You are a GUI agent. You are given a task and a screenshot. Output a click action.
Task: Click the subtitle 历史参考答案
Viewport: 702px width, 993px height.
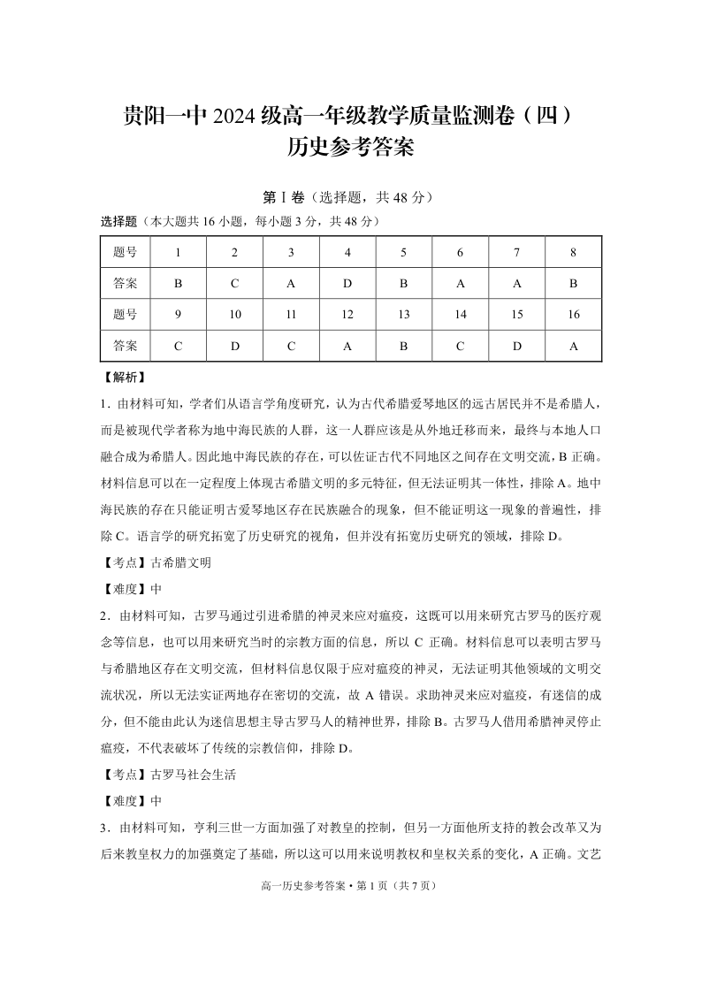(351, 147)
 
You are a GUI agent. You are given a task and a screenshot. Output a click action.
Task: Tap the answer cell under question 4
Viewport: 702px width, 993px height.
(347, 284)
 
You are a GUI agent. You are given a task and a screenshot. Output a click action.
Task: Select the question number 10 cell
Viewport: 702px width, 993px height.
(234, 315)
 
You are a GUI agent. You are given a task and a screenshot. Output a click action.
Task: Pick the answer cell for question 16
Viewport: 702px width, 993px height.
(573, 346)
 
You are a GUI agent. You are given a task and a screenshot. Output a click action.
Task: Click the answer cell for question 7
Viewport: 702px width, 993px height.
(517, 284)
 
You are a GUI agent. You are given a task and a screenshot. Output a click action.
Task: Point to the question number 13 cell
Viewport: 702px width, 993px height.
(404, 315)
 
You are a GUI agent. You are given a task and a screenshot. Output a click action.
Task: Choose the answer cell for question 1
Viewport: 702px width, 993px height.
(178, 284)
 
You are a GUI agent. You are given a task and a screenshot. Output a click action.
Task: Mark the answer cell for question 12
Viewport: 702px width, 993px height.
(347, 346)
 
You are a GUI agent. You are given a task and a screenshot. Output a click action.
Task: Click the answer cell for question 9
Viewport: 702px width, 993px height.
(178, 346)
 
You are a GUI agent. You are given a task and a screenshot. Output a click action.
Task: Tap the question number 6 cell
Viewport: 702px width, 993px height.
(461, 253)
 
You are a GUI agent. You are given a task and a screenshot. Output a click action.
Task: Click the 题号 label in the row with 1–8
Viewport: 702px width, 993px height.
(126, 253)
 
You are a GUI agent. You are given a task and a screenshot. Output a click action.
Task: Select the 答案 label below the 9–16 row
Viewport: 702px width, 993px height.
(126, 346)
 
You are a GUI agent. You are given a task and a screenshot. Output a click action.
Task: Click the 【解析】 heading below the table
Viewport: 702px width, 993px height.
(123, 378)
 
